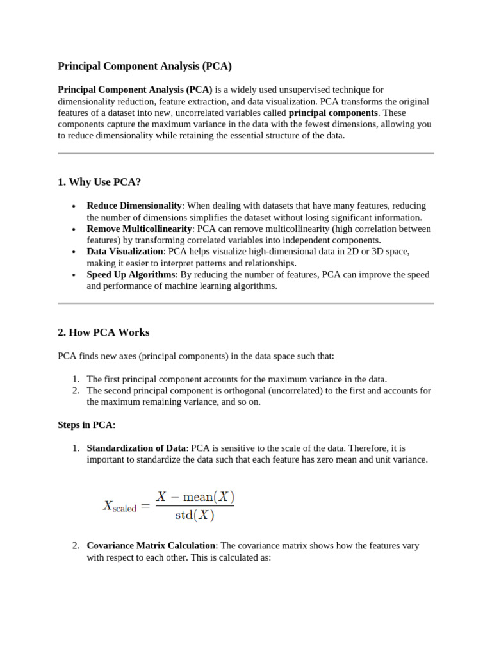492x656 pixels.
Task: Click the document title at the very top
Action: tap(145, 66)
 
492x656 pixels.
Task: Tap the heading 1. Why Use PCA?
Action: tap(99, 183)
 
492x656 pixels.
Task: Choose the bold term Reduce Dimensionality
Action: tap(135, 206)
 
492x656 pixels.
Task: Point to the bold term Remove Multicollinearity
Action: tap(140, 229)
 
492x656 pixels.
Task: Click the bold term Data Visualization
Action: tap(126, 252)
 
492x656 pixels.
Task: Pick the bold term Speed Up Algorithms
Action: tap(131, 275)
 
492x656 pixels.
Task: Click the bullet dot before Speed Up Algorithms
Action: tap(74, 275)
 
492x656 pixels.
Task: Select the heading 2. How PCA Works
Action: tap(104, 332)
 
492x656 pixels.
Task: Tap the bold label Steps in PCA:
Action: tap(86, 425)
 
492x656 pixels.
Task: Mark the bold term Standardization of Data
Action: tap(136, 448)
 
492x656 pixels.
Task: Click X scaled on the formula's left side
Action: tap(119, 505)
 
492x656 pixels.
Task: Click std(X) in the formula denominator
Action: tap(195, 515)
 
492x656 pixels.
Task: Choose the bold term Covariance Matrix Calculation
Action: tap(151, 546)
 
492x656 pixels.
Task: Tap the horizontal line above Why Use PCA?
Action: tap(246, 154)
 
